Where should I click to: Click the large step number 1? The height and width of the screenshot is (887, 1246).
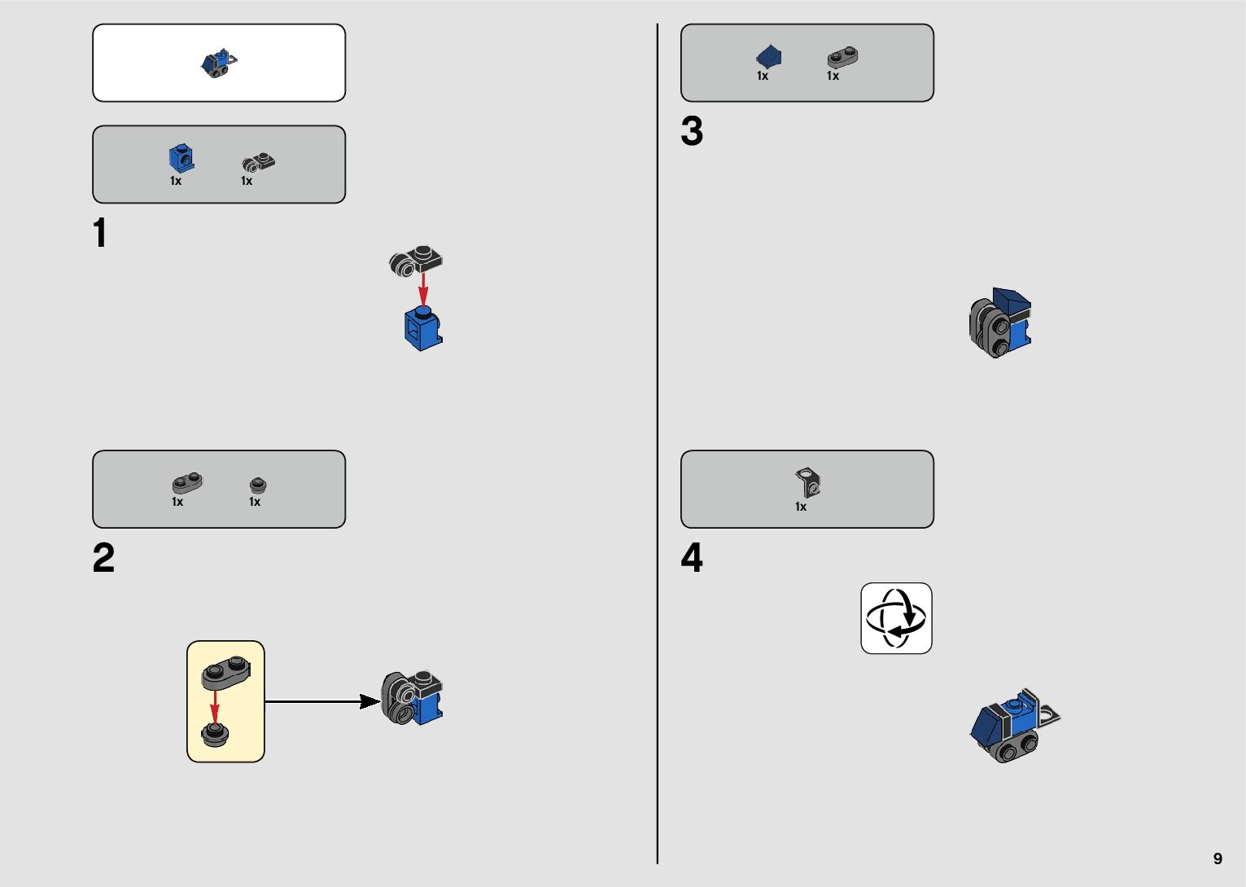coord(100,233)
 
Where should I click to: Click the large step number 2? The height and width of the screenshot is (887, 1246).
coord(103,559)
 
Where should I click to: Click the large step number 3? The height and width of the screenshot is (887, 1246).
coord(692,132)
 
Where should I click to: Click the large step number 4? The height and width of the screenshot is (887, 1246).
coord(692,559)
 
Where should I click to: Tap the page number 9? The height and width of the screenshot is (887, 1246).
coord(1218,858)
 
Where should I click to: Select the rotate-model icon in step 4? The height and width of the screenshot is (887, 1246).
coord(896,618)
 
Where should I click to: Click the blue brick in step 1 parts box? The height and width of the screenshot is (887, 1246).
coord(181,158)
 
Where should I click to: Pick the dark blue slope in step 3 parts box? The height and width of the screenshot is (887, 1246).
coord(768,57)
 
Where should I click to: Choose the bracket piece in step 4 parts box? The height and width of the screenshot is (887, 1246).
coord(808,482)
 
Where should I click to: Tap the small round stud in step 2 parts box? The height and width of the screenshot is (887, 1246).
coord(258,485)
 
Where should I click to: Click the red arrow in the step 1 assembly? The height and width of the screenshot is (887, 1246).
coord(423,289)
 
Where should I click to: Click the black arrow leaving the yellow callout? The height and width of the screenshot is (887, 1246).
coord(322,700)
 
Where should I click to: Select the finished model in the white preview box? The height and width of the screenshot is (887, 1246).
coord(219,63)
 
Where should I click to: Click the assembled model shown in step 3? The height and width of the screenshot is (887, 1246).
coord(1000,323)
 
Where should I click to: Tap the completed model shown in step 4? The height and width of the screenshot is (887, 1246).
coord(1014,725)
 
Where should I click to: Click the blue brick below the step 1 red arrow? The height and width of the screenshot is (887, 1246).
coord(423,329)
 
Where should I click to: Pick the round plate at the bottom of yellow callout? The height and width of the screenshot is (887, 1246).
coord(215,735)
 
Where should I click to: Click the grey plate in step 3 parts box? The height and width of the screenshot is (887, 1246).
coord(842,57)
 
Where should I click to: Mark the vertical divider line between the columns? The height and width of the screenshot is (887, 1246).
coord(658,443)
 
